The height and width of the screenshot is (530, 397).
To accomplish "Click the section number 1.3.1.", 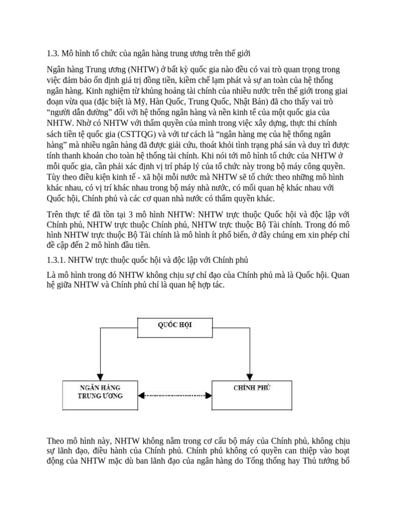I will point(56,259).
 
